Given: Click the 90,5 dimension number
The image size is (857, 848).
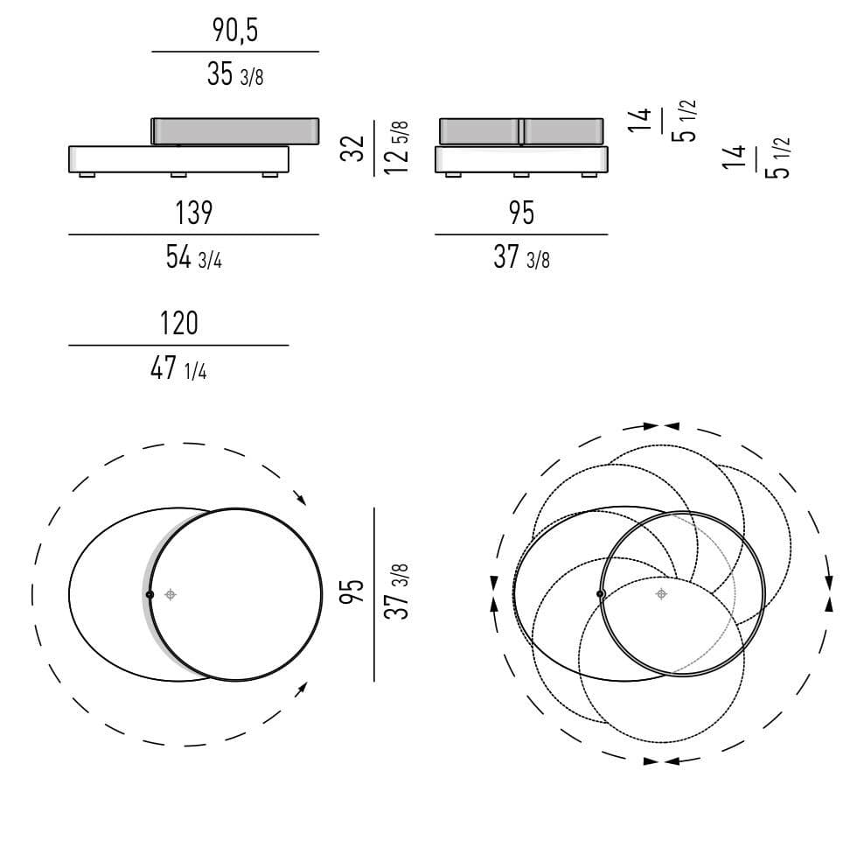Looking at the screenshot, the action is point(235,31).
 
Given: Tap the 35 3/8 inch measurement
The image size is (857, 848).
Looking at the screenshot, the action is point(235,74).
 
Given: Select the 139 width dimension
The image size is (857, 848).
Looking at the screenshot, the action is point(193,214).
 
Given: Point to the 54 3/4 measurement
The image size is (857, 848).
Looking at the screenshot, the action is point(193,257).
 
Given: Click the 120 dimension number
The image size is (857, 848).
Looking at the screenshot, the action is point(178,323).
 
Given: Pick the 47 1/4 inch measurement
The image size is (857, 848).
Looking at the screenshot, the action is point(178,368).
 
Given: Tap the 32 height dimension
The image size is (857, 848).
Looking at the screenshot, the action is point(352,148).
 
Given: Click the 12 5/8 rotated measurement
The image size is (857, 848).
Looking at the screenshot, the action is point(396,148).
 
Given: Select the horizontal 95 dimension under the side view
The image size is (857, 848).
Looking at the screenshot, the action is point(521,214).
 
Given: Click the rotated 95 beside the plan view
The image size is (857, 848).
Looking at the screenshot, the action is point(352,592).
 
